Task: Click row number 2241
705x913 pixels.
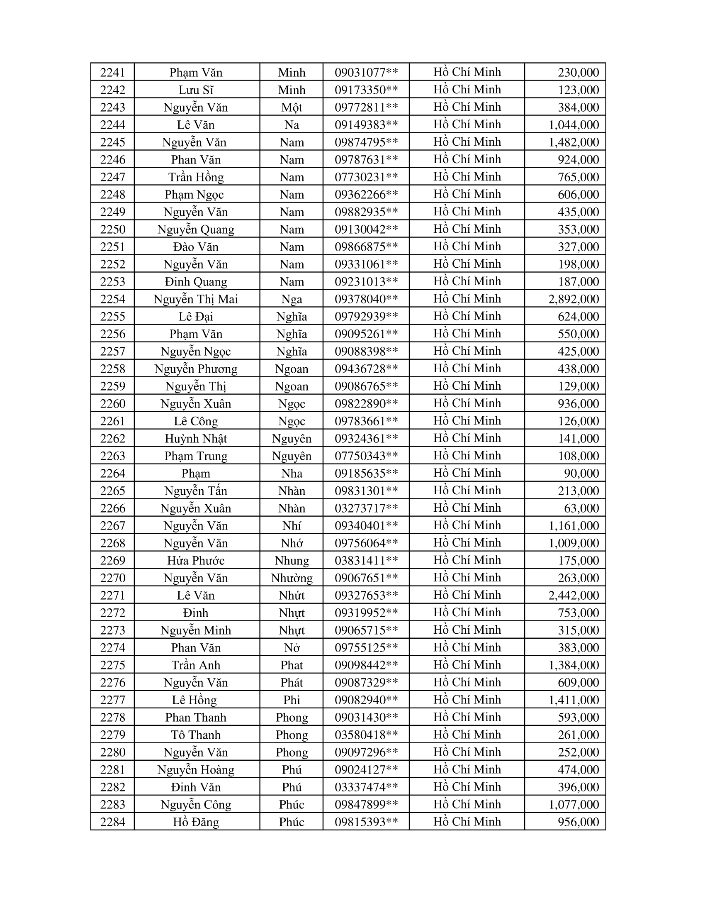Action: tap(113, 72)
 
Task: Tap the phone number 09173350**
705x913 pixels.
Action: tap(366, 90)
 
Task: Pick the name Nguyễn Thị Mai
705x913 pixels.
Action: tap(195, 299)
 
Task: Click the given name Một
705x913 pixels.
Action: tap(292, 107)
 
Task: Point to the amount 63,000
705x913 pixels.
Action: tap(583, 508)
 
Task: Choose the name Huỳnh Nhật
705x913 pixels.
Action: tap(195, 439)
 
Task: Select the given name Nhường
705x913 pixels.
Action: tap(292, 578)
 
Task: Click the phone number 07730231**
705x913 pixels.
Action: tap(366, 177)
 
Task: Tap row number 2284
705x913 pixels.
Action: tap(113, 822)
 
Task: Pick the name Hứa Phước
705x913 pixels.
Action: tap(195, 560)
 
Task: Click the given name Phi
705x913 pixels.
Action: tap(292, 700)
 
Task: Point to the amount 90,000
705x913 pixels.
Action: tap(583, 473)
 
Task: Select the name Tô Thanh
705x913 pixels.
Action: tap(195, 735)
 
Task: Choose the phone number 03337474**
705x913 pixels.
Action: tap(366, 787)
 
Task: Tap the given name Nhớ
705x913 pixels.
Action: tap(292, 543)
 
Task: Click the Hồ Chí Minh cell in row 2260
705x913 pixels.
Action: tap(467, 403)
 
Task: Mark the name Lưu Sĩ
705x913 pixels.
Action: tap(195, 90)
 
